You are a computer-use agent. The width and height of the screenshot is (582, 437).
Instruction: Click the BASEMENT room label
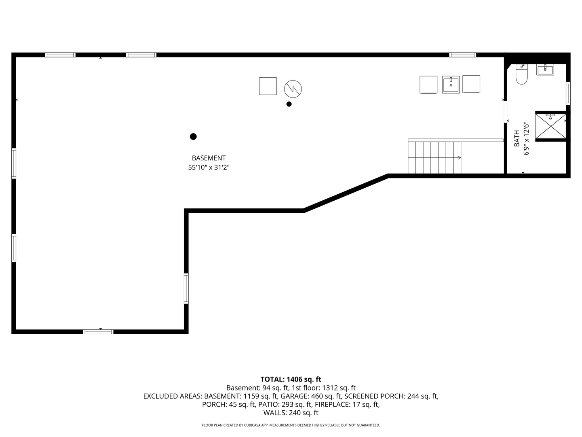click(x=209, y=158)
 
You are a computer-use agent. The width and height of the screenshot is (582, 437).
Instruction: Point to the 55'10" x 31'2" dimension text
click(x=209, y=168)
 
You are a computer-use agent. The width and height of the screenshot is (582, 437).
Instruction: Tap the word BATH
click(x=517, y=138)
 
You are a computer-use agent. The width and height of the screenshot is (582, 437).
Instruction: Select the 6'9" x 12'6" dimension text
click(x=526, y=138)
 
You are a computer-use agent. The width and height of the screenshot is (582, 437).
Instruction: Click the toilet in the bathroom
click(x=521, y=74)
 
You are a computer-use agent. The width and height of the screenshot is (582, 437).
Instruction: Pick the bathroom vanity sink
click(x=545, y=70)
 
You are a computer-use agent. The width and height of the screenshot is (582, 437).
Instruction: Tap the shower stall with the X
click(x=551, y=126)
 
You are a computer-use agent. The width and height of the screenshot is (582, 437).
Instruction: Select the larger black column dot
click(x=193, y=137)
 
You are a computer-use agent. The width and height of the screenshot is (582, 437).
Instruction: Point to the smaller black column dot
click(x=289, y=104)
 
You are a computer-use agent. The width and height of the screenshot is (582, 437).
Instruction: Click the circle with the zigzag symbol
click(x=293, y=89)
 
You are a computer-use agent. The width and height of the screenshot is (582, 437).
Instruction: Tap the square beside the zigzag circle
click(x=268, y=86)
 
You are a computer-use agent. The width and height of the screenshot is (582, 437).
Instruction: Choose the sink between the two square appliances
click(x=451, y=85)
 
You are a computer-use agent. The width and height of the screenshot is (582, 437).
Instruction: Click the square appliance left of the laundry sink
click(x=428, y=85)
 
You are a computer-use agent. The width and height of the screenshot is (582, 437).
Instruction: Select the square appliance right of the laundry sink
click(x=471, y=84)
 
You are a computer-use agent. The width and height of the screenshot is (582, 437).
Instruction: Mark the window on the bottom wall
click(x=98, y=332)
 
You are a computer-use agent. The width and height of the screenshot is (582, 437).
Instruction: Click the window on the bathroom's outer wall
click(x=568, y=93)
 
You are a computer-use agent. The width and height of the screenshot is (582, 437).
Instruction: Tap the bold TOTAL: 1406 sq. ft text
click(x=291, y=379)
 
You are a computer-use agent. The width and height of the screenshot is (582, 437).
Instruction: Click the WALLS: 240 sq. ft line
click(x=291, y=413)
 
